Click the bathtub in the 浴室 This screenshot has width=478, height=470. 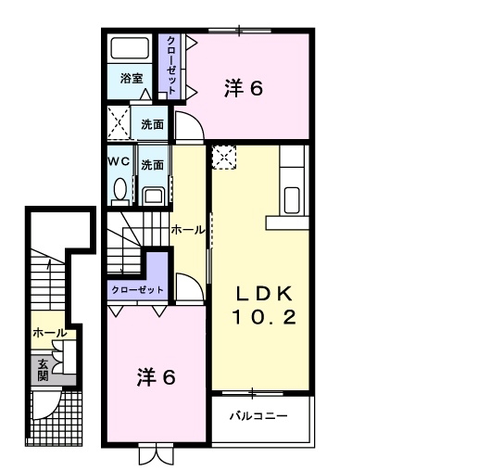[x=130, y=48]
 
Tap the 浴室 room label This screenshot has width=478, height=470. [x=132, y=79]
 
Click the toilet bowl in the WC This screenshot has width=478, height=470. [x=120, y=189]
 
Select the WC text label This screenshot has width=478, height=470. [x=119, y=161]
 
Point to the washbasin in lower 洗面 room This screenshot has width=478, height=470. [x=154, y=197]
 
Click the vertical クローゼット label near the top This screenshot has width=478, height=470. [x=171, y=65]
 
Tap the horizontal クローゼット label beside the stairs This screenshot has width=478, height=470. [x=137, y=290]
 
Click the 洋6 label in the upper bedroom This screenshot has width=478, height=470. [x=244, y=88]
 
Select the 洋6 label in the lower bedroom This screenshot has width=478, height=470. [x=157, y=377]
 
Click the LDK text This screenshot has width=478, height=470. [x=264, y=294]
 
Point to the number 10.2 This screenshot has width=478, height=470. [x=264, y=317]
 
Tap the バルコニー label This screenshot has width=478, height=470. [x=258, y=416]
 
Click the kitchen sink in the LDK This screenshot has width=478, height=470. [x=292, y=200]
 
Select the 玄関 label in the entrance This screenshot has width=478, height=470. [x=43, y=371]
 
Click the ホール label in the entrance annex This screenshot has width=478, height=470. [x=50, y=333]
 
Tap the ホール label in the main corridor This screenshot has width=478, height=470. [x=188, y=230]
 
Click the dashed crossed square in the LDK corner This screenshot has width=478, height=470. [x=224, y=158]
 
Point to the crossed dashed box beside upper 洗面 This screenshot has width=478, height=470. [x=119, y=122]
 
